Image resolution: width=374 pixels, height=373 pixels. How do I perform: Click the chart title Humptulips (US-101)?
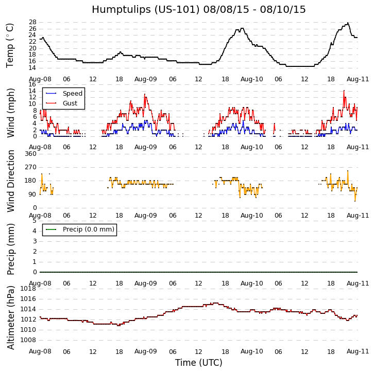point(198,10)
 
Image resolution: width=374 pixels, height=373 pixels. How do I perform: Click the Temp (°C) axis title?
point(10,45)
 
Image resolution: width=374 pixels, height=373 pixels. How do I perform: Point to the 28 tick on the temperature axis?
point(32,23)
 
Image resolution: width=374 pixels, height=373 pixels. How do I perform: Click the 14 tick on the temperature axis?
point(32,68)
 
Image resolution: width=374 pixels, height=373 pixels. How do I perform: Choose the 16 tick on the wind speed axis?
point(32,84)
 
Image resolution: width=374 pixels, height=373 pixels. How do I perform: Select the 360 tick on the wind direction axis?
point(30,154)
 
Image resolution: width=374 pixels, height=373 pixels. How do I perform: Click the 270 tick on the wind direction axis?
point(30,167)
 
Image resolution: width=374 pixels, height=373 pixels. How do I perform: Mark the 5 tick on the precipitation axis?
point(34,221)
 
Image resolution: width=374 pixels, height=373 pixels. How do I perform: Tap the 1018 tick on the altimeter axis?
point(28,289)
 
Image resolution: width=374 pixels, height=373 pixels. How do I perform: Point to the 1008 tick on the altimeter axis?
point(28,340)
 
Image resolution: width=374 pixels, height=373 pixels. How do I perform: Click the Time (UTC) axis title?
point(198,363)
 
